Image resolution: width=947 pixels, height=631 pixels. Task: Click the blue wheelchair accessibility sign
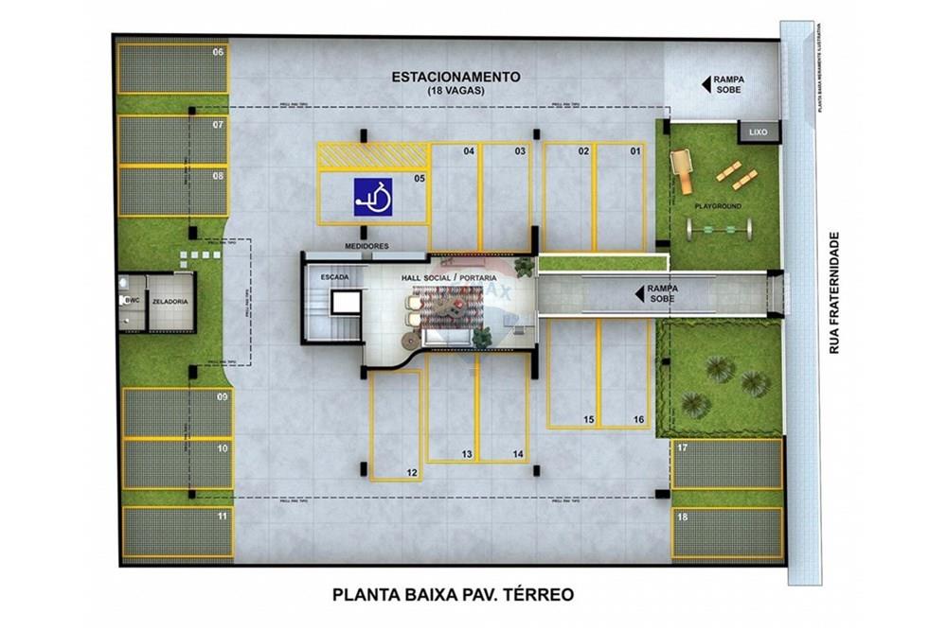coord(374,196)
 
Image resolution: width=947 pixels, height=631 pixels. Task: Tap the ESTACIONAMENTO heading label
coord(456,78)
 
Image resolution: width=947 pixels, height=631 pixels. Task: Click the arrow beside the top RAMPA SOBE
coord(706,85)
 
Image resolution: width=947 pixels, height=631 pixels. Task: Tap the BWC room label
coord(131,301)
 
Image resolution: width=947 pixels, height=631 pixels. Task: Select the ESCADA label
coord(336,277)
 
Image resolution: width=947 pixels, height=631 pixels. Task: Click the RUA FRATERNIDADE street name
coord(834,293)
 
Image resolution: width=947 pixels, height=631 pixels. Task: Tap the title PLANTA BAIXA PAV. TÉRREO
coord(454,595)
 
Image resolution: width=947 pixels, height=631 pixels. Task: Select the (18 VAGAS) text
coord(456,92)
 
